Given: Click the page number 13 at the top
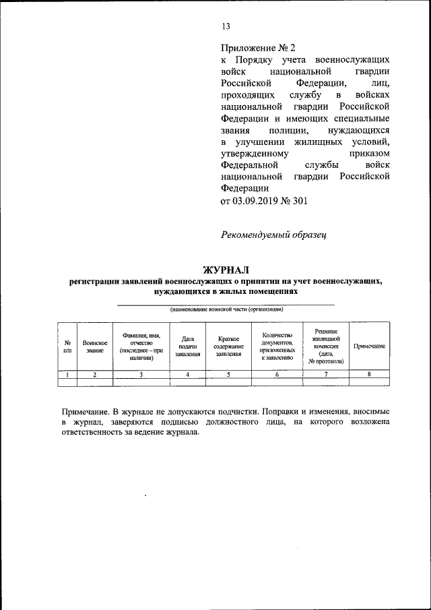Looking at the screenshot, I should (x=226, y=27).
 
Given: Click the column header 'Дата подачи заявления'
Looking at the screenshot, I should (x=188, y=346).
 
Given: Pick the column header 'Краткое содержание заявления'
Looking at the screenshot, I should (x=228, y=346).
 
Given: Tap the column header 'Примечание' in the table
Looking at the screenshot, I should (x=369, y=346).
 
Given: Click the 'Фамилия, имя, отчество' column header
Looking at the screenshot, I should (x=141, y=346).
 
